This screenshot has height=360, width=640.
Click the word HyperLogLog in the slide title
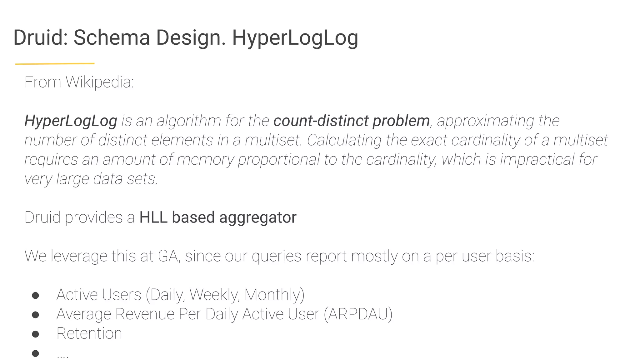click(295, 38)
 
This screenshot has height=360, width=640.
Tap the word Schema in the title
click(112, 37)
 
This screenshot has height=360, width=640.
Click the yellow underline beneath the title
click(55, 64)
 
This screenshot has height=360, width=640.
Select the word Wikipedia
click(99, 82)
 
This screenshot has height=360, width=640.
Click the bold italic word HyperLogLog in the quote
click(71, 121)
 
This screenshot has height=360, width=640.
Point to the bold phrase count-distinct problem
click(352, 121)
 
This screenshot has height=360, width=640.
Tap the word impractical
click(537, 159)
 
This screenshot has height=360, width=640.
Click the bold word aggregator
click(258, 217)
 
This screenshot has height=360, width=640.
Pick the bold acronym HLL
click(153, 217)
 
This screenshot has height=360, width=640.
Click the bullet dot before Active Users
click(35, 296)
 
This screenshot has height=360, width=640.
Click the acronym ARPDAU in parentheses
click(358, 314)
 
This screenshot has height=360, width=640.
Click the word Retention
click(89, 333)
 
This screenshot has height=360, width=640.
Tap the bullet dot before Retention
click(35, 334)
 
